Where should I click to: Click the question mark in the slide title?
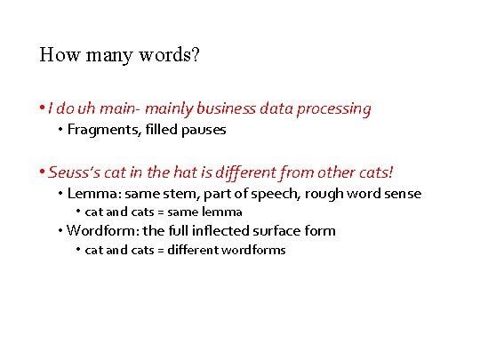tap(196, 55)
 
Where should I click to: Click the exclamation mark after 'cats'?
tap(390, 170)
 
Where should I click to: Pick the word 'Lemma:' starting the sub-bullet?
tap(92, 194)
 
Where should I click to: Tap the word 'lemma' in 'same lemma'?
tap(226, 212)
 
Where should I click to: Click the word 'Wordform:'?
tap(99, 231)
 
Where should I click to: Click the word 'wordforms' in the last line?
tap(256, 250)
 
